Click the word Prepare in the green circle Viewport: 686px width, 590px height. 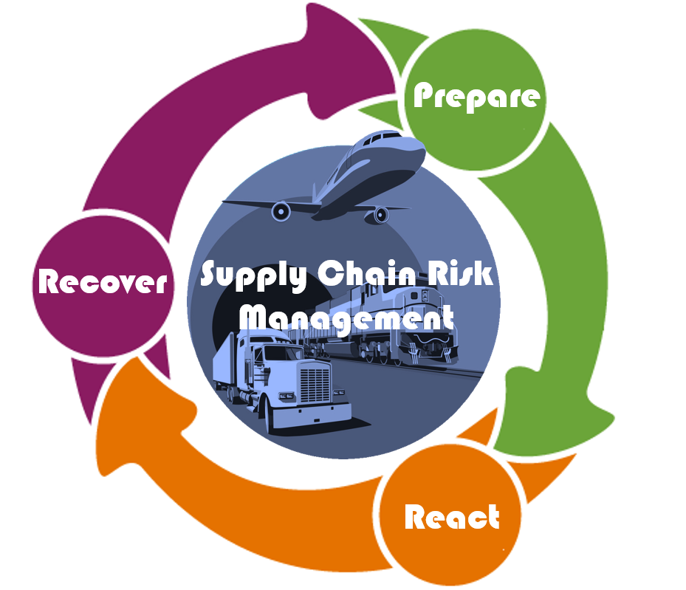click(476, 96)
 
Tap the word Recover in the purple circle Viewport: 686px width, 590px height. click(103, 281)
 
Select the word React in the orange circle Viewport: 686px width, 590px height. click(452, 517)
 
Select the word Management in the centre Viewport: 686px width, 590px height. click(348, 318)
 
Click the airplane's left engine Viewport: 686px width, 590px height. click(281, 212)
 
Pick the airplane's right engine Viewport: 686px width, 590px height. click(381, 215)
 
